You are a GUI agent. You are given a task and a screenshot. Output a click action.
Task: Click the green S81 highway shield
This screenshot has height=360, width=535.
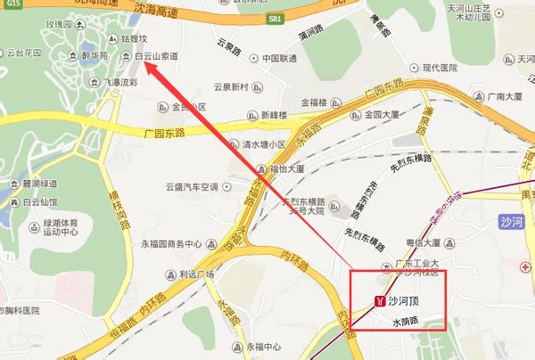pyautogui.click(x=277, y=20)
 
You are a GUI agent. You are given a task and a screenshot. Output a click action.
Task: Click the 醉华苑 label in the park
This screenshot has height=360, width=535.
pyautogui.click(x=94, y=55)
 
